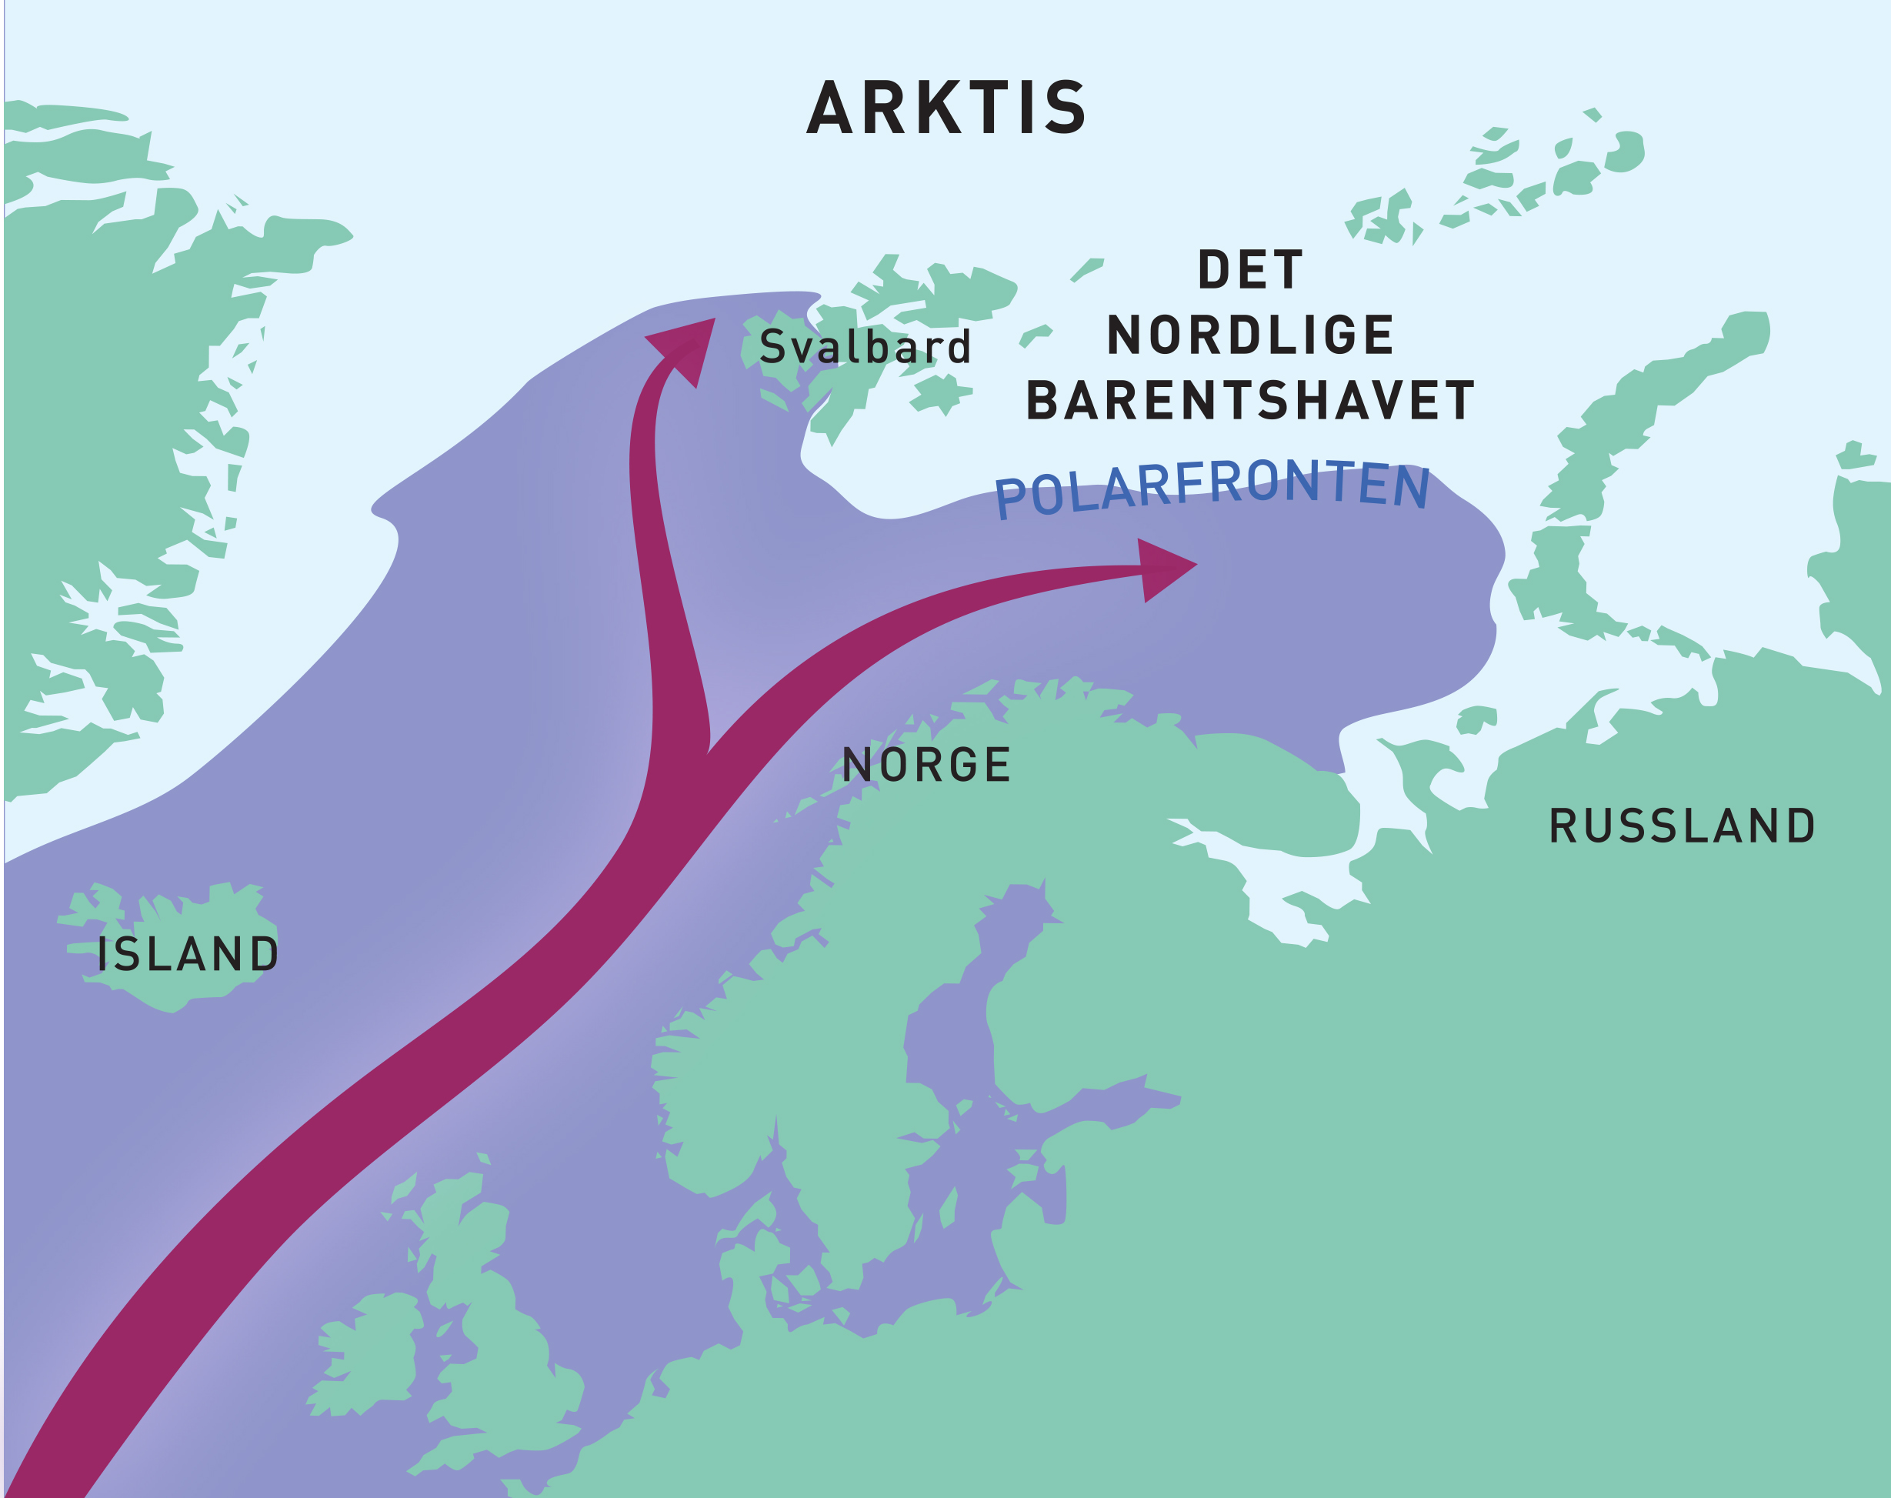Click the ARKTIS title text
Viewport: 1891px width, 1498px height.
[x=946, y=108]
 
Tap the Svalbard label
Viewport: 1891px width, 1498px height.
[x=865, y=346]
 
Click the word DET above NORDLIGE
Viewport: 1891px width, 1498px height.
[x=1250, y=269]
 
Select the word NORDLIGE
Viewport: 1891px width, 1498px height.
[x=1250, y=335]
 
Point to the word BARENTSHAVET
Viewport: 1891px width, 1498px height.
[x=1250, y=401]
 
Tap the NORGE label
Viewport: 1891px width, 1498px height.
[x=926, y=765]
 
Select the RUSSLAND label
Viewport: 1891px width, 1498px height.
[x=1683, y=826]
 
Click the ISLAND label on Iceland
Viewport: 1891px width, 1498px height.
[x=188, y=954]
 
